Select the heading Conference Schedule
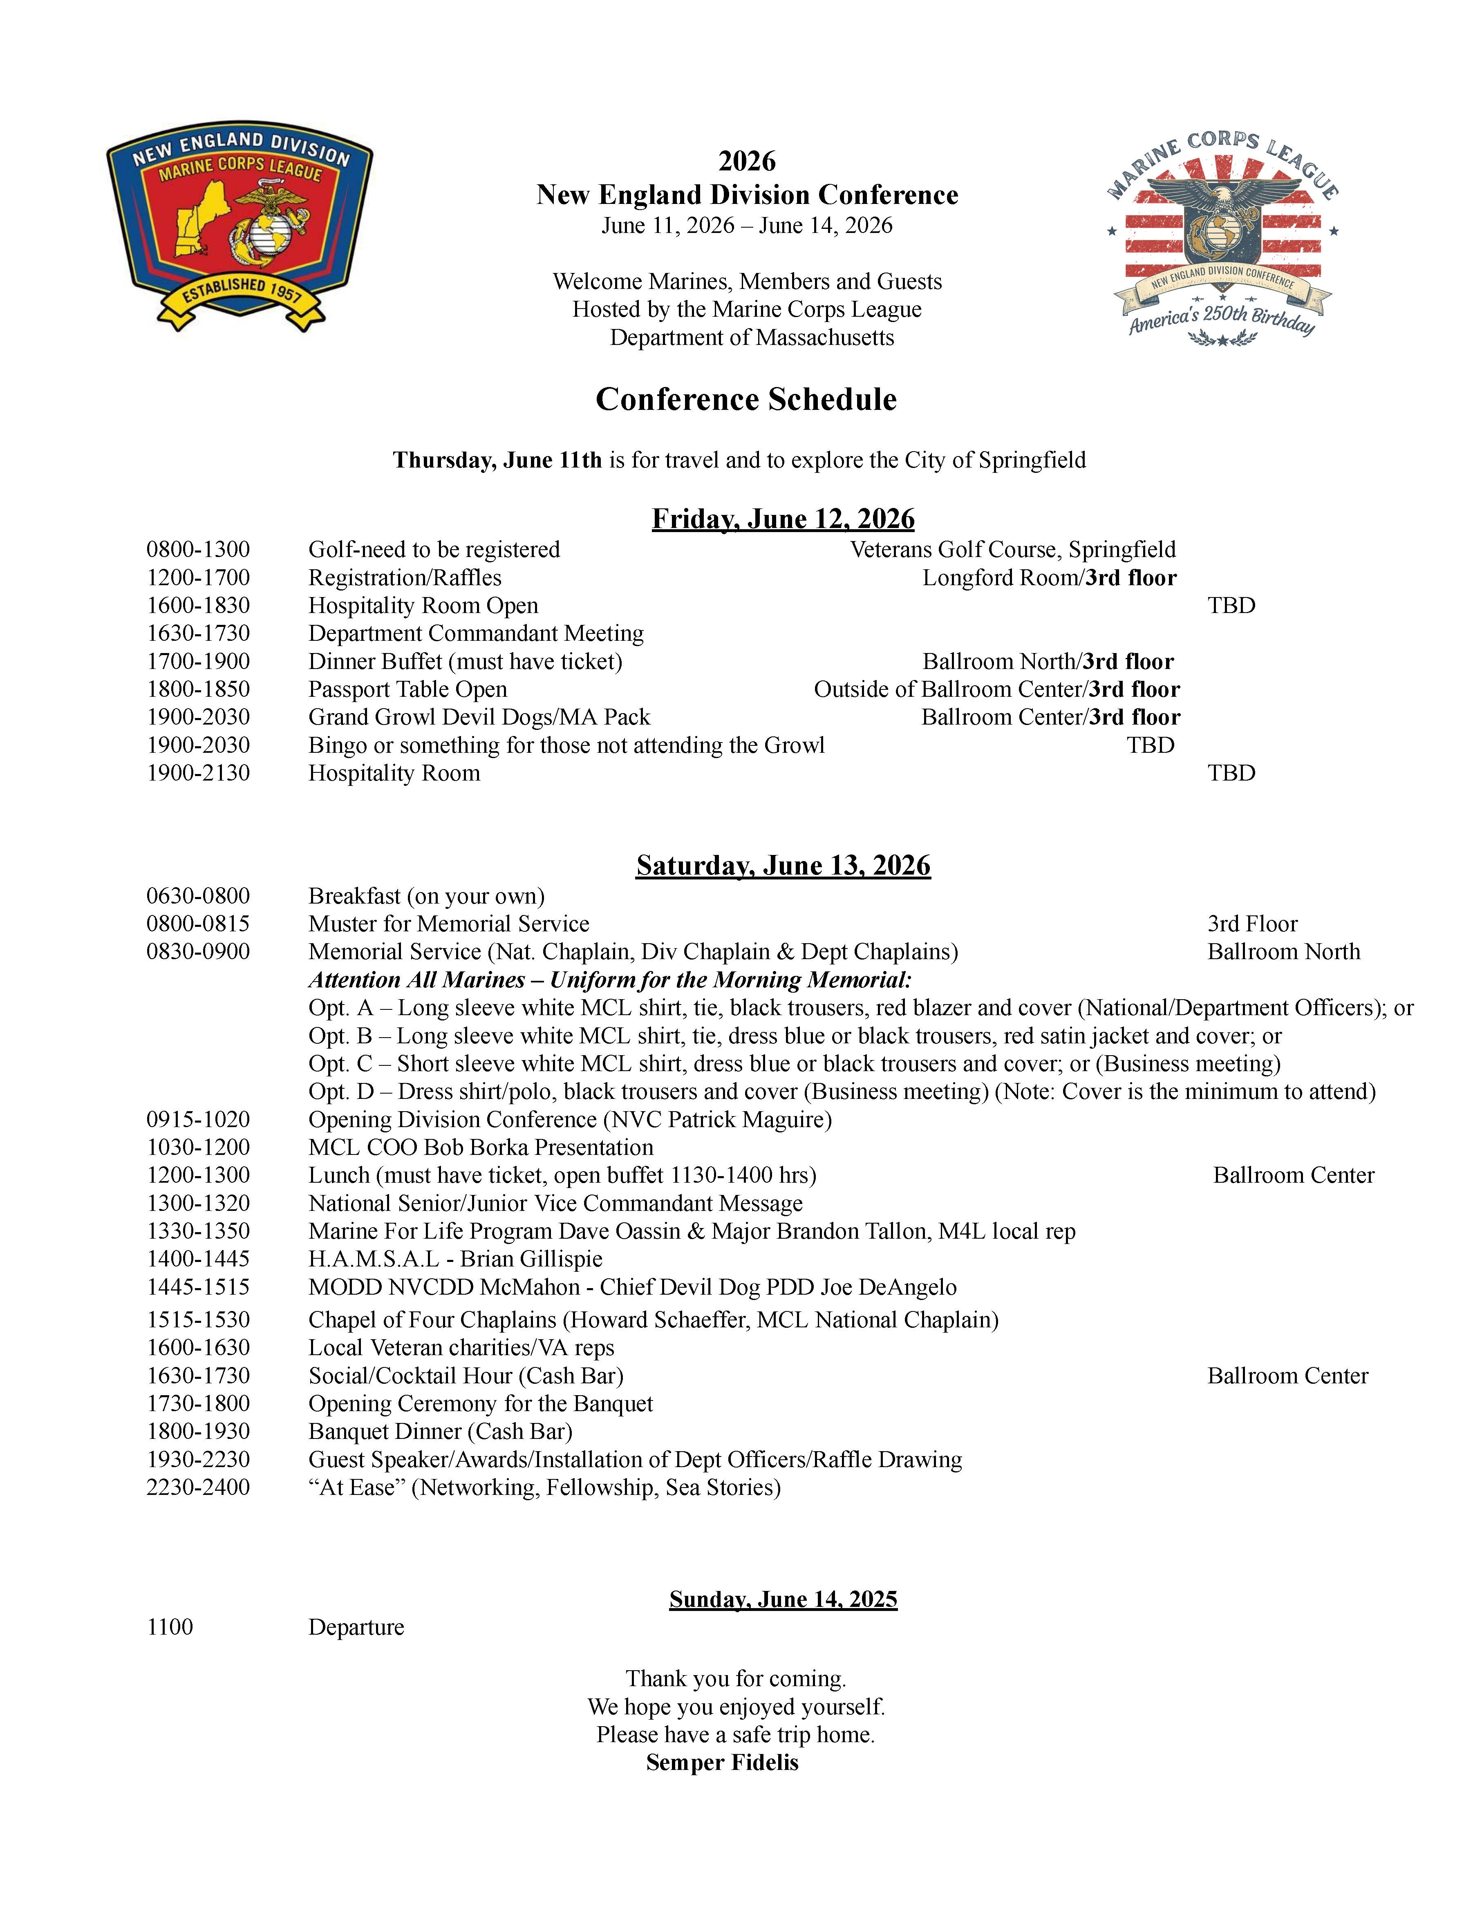[746, 400]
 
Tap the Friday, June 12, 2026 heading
[783, 519]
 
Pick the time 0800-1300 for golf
[198, 550]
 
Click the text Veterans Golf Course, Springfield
[1013, 550]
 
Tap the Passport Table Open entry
[408, 690]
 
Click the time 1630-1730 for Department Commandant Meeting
[198, 634]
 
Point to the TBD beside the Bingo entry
[1151, 745]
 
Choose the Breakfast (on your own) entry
[426, 896]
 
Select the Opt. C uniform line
[793, 1064]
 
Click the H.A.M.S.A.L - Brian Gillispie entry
[455, 1260]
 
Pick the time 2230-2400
[198, 1488]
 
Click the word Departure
[356, 1628]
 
